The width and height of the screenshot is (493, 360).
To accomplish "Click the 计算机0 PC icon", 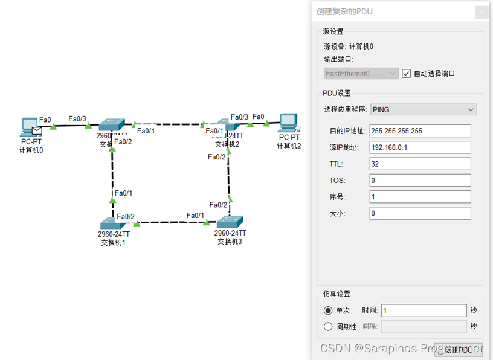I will pos(29,125).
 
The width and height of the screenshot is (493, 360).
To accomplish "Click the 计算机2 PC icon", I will pos(288,123).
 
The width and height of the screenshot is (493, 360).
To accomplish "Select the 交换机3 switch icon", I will pos(230,222).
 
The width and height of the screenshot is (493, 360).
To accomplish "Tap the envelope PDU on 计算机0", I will pos(37,130).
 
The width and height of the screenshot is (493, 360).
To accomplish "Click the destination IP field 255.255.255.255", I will pos(420,131).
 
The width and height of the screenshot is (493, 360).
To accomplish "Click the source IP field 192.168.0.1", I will pos(420,147).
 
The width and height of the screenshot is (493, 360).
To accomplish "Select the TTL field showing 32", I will pos(420,164).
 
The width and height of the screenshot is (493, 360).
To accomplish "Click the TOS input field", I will pos(420,180).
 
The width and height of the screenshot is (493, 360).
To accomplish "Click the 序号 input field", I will pos(420,197).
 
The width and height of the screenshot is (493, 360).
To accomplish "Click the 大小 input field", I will pos(420,213).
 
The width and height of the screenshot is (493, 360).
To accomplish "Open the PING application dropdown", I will pos(423,109).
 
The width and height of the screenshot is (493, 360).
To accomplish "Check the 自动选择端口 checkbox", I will pos(407,73).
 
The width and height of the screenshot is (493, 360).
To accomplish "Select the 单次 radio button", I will pos(328,310).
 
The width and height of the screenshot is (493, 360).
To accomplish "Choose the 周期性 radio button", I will pos(328,326).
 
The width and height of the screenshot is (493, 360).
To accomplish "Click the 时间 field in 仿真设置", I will pos(424,310).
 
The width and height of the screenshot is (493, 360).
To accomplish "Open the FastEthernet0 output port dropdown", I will pos(361,74).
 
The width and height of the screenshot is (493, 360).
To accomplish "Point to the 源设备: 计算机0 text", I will pos(349,46).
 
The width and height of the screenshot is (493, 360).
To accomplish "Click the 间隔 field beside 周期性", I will pos(424,326).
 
